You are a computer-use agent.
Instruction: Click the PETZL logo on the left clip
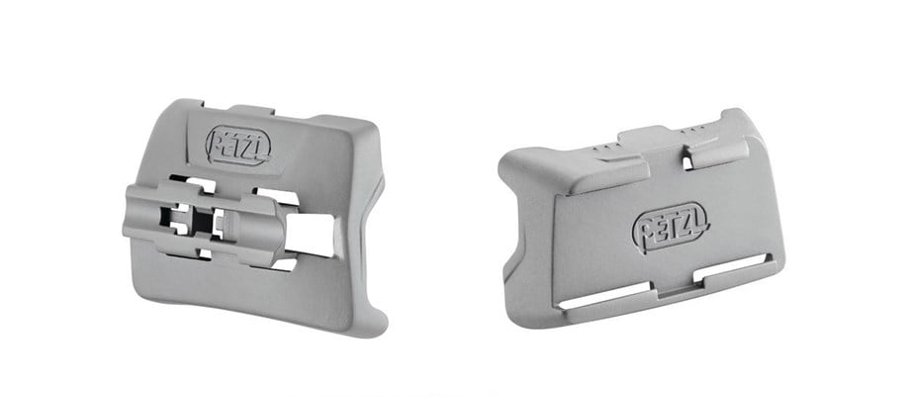tap(237, 146)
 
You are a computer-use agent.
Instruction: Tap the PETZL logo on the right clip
tap(670, 228)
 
